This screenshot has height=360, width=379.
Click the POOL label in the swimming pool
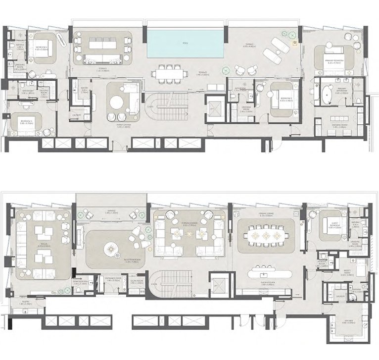185,44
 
